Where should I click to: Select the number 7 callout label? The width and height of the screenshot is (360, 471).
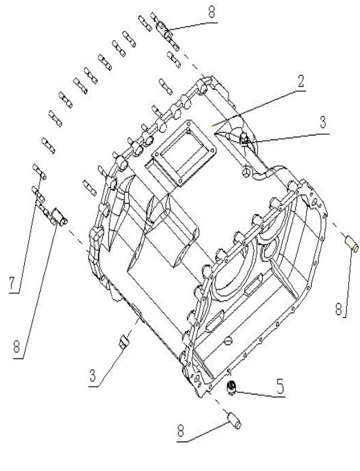[12, 283]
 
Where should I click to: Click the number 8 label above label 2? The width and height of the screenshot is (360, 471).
[210, 11]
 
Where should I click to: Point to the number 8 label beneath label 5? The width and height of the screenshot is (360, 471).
[181, 431]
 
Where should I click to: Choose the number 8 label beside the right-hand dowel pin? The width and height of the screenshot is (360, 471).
[339, 307]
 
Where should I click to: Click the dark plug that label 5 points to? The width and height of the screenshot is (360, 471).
[232, 386]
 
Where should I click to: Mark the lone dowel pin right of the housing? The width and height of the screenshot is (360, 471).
[351, 243]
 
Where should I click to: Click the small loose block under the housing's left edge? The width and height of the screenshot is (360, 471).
[124, 341]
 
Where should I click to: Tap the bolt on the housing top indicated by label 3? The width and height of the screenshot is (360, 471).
[245, 140]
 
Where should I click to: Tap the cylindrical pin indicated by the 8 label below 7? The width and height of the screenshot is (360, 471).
[58, 217]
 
